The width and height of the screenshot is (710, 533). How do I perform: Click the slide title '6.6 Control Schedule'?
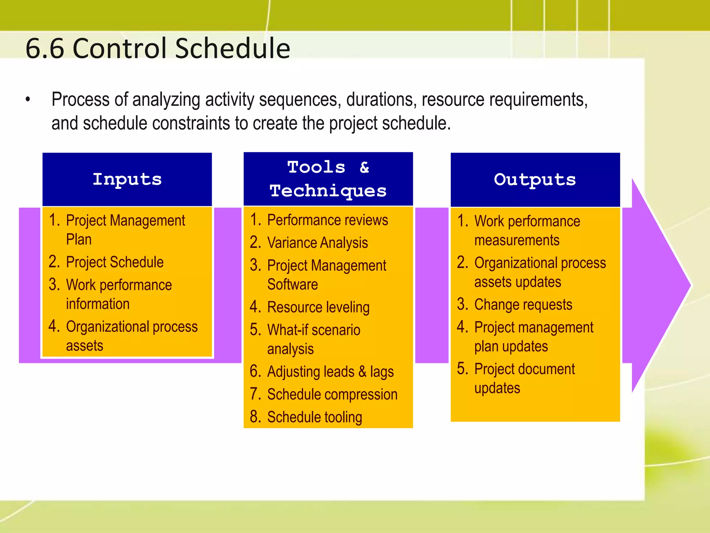[x=158, y=48]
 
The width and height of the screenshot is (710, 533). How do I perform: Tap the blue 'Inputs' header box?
[x=127, y=179]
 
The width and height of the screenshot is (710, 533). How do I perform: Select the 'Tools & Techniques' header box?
[x=328, y=179]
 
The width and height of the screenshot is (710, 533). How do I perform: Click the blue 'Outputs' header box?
[x=535, y=179]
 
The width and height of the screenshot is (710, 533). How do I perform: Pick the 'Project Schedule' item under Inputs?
[x=114, y=262]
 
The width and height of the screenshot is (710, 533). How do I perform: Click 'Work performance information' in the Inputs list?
[x=119, y=294]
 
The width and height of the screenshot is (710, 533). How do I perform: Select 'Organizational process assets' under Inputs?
[x=131, y=336]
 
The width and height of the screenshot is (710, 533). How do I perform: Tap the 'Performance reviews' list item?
[x=327, y=220]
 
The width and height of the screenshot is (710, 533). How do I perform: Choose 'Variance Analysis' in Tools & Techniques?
[x=317, y=243]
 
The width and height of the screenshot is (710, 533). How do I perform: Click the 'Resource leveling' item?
[x=318, y=307]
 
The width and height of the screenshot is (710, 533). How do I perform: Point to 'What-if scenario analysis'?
[x=313, y=339]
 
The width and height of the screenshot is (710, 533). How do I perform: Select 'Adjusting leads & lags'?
[x=330, y=372]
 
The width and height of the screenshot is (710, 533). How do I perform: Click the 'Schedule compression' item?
[x=332, y=395]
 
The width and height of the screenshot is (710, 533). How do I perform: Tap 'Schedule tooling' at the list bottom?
[x=314, y=417]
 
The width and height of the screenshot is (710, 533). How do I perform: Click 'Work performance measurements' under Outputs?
[x=527, y=230]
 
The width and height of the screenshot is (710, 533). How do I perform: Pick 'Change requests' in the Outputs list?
[x=523, y=304]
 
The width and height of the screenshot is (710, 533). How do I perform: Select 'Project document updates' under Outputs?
[x=524, y=378]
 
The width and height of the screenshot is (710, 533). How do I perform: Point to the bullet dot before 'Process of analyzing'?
[x=28, y=100]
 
